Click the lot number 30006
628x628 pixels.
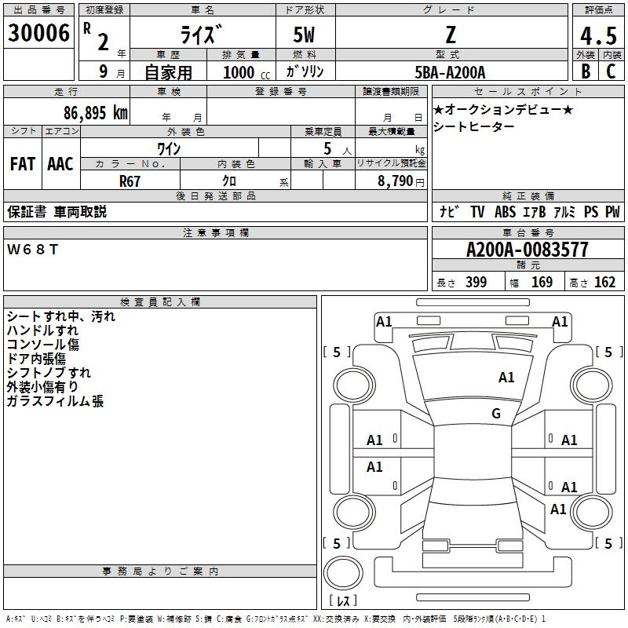pyautogui.click(x=38, y=33)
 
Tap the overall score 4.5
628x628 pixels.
pyautogui.click(x=598, y=35)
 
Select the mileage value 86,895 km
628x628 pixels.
pyautogui.click(x=96, y=113)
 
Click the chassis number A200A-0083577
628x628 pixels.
pyautogui.click(x=528, y=250)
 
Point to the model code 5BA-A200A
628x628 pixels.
pyautogui.click(x=450, y=72)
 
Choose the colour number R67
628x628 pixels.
pyautogui.click(x=130, y=181)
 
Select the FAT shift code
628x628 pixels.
pyautogui.click(x=23, y=164)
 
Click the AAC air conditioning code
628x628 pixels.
pyautogui.click(x=60, y=164)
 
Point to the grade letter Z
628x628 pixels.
pyautogui.click(x=451, y=35)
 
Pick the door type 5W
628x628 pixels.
pyautogui.click(x=304, y=35)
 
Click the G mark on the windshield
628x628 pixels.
pyautogui.click(x=496, y=414)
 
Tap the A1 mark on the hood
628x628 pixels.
pyautogui.click(x=506, y=378)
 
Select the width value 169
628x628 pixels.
pyautogui.click(x=542, y=282)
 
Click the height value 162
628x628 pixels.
pyautogui.click(x=604, y=282)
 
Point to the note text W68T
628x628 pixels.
pyautogui.click(x=32, y=250)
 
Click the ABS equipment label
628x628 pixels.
pyautogui.click(x=505, y=212)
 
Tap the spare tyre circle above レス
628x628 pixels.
pyautogui.click(x=343, y=573)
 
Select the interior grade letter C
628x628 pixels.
pyautogui.click(x=611, y=71)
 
